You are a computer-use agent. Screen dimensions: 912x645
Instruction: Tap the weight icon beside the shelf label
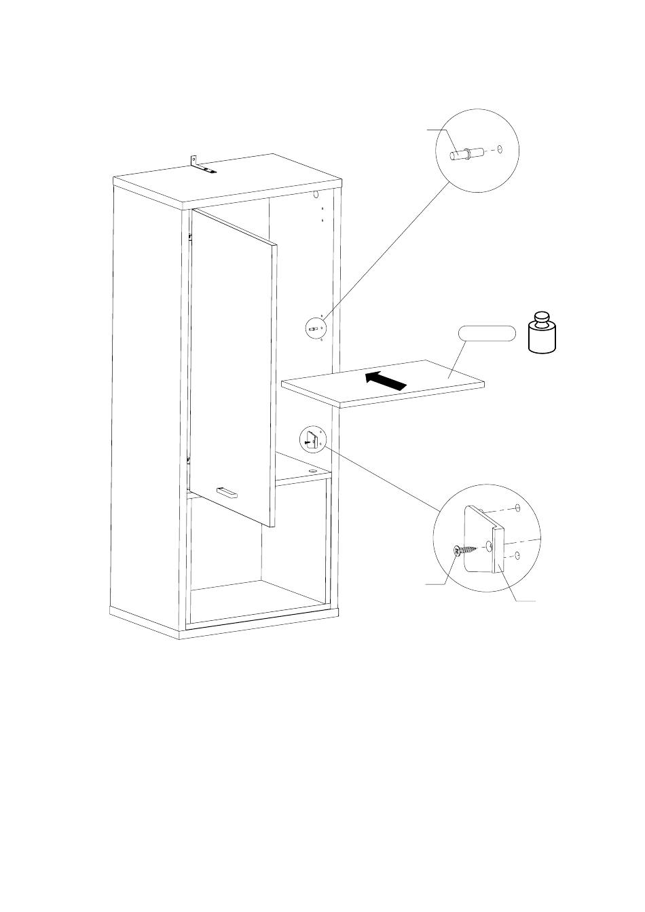tap(543, 333)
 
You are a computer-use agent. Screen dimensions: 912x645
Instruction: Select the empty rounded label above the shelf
tap(487, 333)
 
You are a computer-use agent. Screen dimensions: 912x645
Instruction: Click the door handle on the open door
tap(226, 492)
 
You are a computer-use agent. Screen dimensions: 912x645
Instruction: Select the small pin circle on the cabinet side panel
tap(316, 328)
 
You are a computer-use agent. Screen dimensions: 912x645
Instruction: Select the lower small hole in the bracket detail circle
tap(517, 556)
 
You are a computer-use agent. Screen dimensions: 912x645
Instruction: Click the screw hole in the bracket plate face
tap(490, 545)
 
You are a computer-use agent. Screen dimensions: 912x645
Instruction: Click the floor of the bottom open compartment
tap(258, 597)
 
